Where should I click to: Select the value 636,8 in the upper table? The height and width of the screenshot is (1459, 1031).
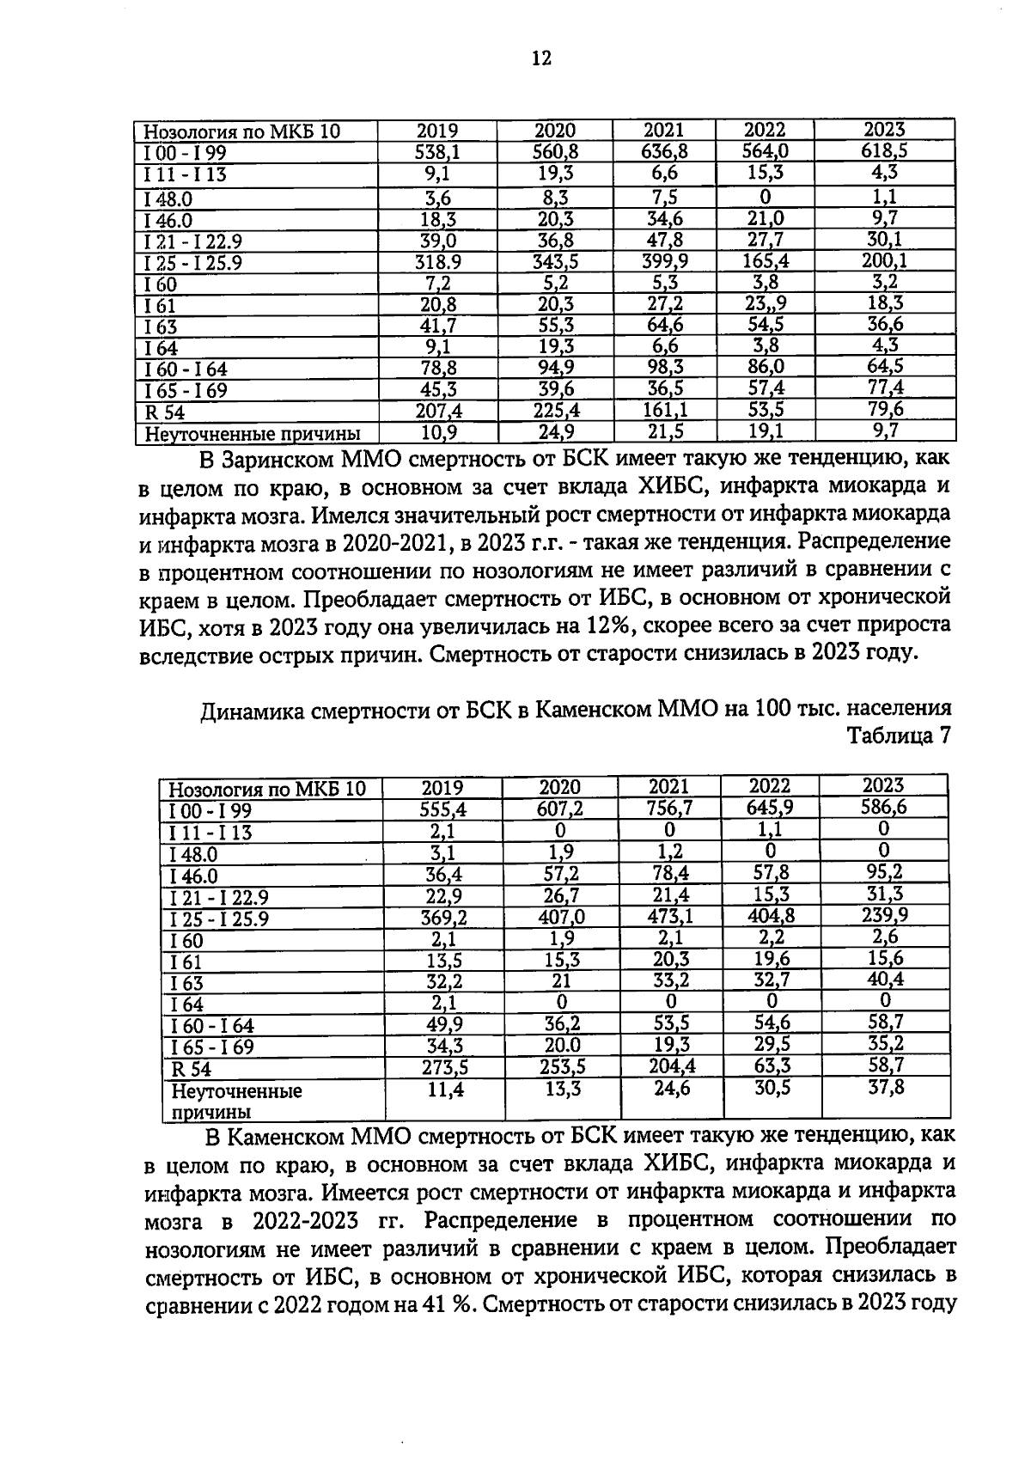[x=664, y=152]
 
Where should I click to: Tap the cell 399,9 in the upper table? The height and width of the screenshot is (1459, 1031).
[x=664, y=260]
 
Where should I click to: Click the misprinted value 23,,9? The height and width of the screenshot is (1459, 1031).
[x=765, y=303]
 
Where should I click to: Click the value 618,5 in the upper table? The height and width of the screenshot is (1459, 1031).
[x=884, y=151]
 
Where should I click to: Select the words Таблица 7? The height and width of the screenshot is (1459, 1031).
[x=900, y=736]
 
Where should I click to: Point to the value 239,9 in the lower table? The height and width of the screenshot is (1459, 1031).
[x=884, y=915]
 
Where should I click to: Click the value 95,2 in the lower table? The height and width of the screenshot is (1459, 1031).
[x=884, y=872]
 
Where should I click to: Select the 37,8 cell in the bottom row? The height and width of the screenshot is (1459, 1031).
[x=884, y=1089]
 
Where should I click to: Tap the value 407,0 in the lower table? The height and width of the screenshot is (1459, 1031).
[x=560, y=917]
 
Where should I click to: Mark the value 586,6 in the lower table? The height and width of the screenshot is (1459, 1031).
[x=884, y=808]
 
